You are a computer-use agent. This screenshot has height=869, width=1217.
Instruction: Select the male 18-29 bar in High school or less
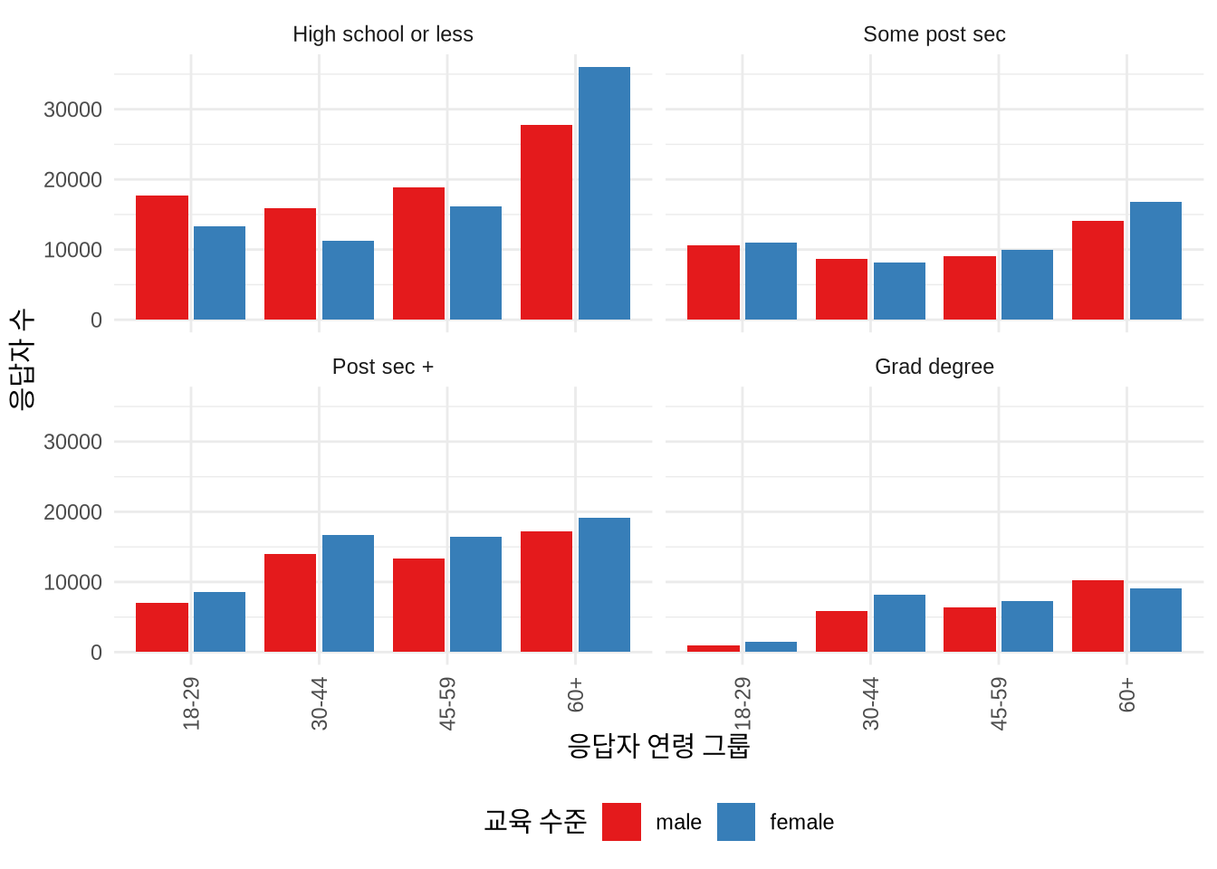pyautogui.click(x=162, y=257)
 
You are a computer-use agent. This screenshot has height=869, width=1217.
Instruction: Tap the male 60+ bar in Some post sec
pyautogui.click(x=1097, y=270)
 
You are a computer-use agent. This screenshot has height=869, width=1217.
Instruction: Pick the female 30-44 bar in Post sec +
pyautogui.click(x=348, y=593)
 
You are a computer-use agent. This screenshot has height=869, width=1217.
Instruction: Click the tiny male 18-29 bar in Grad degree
pyautogui.click(x=714, y=648)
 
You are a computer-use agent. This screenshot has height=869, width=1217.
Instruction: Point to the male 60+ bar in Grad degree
pyautogui.click(x=1097, y=616)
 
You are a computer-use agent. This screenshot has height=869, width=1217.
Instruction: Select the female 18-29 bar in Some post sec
pyautogui.click(x=771, y=281)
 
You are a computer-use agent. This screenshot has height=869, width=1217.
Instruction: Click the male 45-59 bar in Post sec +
pyautogui.click(x=418, y=605)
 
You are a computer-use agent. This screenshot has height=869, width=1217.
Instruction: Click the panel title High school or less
pyautogui.click(x=382, y=34)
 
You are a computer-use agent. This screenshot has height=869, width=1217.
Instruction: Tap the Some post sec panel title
pyautogui.click(x=934, y=34)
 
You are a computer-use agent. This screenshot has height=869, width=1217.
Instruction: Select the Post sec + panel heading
pyautogui.click(x=382, y=367)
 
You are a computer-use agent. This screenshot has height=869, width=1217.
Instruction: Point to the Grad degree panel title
pyautogui.click(x=934, y=367)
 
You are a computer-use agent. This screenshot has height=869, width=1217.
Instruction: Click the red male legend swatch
pyautogui.click(x=621, y=822)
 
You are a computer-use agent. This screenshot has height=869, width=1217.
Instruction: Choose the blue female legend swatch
pyautogui.click(x=736, y=822)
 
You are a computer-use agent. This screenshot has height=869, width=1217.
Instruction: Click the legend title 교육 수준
pyautogui.click(x=535, y=821)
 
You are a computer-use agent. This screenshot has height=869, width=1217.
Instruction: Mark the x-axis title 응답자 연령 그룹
pyautogui.click(x=658, y=746)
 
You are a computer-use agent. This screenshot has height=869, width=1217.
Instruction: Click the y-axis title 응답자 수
pyautogui.click(x=22, y=358)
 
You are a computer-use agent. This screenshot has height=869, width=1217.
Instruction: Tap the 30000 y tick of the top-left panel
pyautogui.click(x=72, y=110)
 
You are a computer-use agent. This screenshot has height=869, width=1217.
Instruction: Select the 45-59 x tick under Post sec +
pyautogui.click(x=447, y=703)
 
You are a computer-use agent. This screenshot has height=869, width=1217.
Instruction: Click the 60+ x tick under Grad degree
pyautogui.click(x=1126, y=694)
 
